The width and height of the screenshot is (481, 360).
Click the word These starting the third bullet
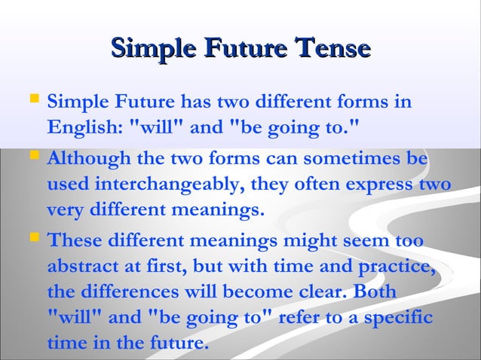tap(75, 241)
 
